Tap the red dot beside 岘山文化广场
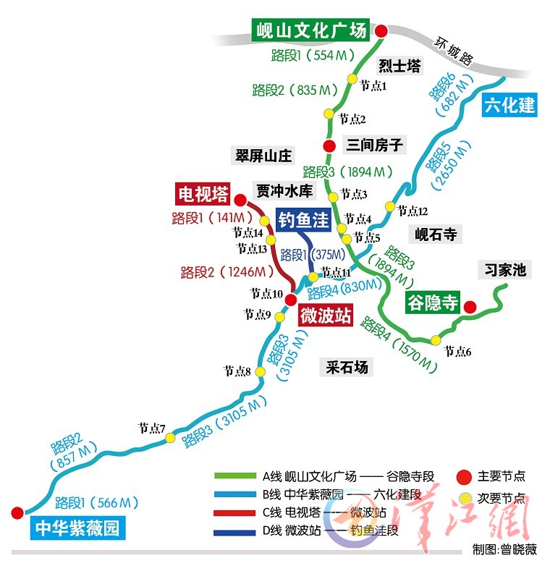coord(381,30)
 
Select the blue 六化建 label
coord(509,104)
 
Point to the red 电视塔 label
coord(203,194)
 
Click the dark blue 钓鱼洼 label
coord(304,221)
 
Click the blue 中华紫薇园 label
coord(75,529)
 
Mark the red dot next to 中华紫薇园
coord(17,512)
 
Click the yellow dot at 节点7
coord(170,438)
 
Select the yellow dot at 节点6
coord(436,340)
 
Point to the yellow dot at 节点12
coord(390,207)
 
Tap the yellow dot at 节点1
coord(352,79)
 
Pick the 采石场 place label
coord(347,367)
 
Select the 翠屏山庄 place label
coord(263,156)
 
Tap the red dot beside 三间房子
coord(328,145)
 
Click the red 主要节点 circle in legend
coord(465,476)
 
